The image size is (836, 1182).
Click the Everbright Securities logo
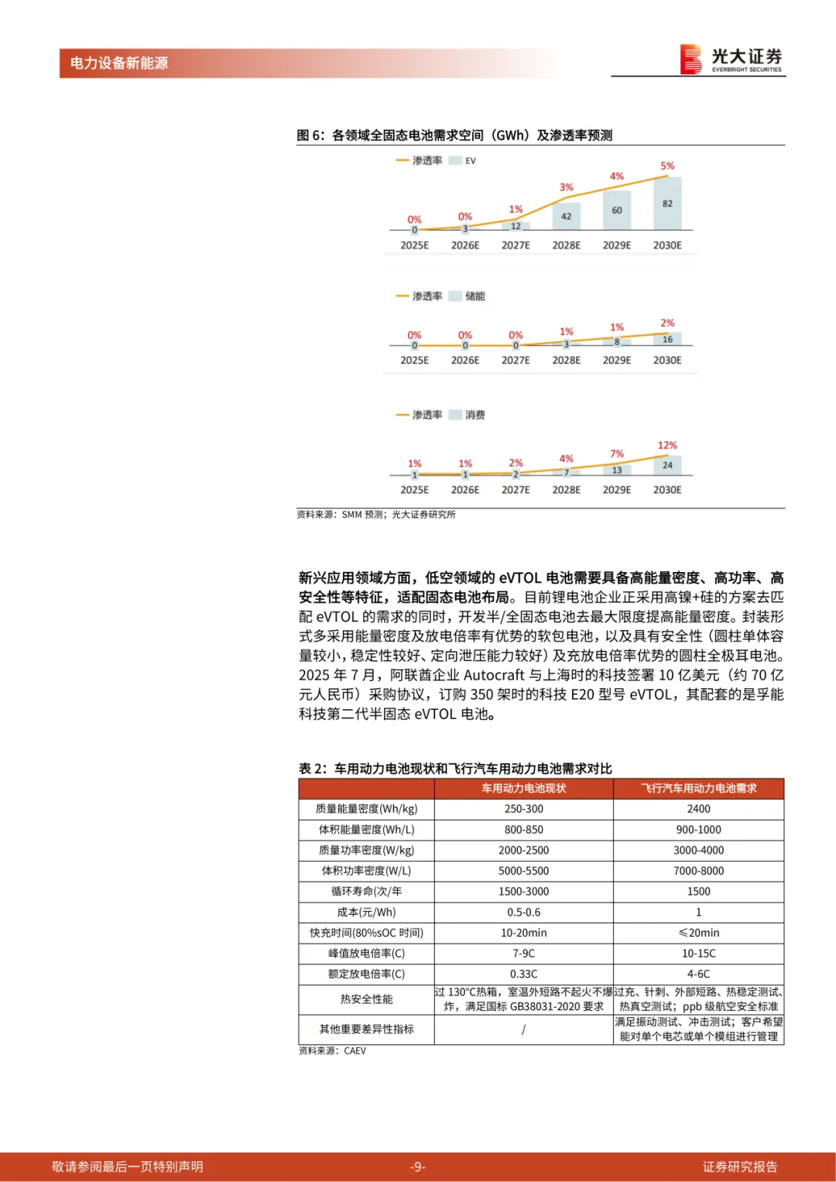click(x=731, y=59)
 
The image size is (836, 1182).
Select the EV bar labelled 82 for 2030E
click(x=667, y=204)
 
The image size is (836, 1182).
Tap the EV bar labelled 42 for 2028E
click(x=566, y=216)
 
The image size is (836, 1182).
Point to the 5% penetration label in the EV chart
click(x=667, y=166)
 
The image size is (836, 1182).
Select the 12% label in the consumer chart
click(x=667, y=445)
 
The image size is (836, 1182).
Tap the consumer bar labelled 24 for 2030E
click(x=667, y=465)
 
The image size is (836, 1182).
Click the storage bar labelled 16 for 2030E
click(x=667, y=339)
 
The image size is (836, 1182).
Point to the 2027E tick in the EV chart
click(x=516, y=245)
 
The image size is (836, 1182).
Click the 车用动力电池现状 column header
click(x=523, y=788)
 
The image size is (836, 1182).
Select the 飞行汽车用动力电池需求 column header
click(x=698, y=788)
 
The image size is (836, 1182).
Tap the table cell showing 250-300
click(x=523, y=809)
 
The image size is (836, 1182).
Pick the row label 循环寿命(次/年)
click(x=366, y=892)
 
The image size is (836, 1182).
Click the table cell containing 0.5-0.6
click(x=523, y=913)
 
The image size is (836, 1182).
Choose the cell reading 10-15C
click(x=698, y=954)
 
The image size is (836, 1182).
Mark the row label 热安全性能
click(x=366, y=999)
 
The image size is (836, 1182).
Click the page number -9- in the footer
click(x=418, y=1167)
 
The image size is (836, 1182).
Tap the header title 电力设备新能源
click(x=119, y=63)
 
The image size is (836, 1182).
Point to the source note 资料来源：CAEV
click(x=332, y=1051)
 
